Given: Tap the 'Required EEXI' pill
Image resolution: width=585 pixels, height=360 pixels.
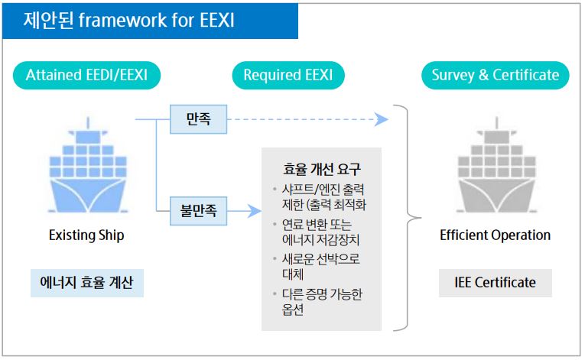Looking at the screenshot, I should tap(288, 75).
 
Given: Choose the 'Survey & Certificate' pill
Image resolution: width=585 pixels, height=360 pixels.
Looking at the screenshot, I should tap(495, 75).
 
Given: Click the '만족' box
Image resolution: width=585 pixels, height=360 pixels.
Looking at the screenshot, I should tap(198, 120).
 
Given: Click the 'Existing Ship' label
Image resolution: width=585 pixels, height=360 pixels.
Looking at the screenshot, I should tap(86, 235).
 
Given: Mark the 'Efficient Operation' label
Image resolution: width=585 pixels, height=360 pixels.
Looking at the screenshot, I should tap(495, 235).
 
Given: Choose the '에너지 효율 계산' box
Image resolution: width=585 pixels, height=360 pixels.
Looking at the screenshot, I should tap(86, 282).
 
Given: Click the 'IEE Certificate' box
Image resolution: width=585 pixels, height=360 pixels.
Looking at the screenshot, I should tap(495, 282).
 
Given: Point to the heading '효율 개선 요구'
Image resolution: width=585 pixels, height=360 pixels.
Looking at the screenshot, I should tap(321, 170).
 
